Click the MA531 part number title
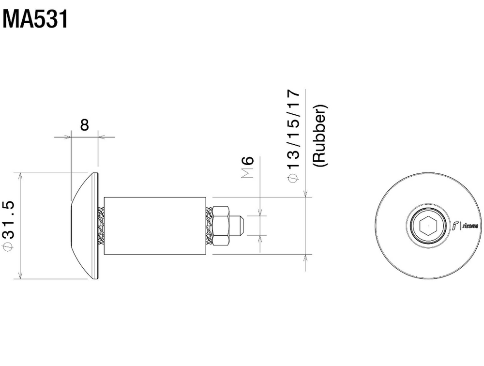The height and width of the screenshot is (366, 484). click(35, 19)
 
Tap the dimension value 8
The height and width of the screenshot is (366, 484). click(84, 125)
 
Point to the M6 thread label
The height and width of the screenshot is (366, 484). click(247, 167)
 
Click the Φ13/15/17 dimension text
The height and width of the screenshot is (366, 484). click(294, 136)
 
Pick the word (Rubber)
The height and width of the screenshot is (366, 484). click(320, 136)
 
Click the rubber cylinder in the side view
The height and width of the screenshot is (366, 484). click(155, 226)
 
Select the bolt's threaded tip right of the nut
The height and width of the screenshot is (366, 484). click(237, 226)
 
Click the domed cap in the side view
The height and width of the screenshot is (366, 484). click(85, 226)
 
